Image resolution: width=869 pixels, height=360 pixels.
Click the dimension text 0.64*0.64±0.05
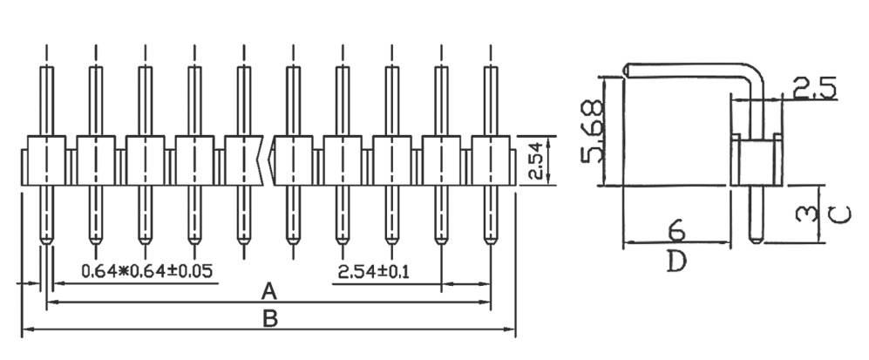click(146, 270)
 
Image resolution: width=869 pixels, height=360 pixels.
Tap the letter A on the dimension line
click(269, 290)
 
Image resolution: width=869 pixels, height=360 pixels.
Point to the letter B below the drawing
click(270, 319)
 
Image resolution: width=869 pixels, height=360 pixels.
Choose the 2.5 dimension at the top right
click(814, 87)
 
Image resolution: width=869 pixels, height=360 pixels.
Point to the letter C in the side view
click(833, 214)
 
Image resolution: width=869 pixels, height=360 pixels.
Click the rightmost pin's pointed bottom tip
click(488, 241)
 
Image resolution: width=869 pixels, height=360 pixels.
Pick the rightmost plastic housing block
click(489, 160)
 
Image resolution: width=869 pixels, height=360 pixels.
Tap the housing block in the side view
click(757, 160)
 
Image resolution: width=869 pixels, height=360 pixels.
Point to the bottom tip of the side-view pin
click(757, 241)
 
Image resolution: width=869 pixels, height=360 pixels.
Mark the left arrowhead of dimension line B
click(24, 329)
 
